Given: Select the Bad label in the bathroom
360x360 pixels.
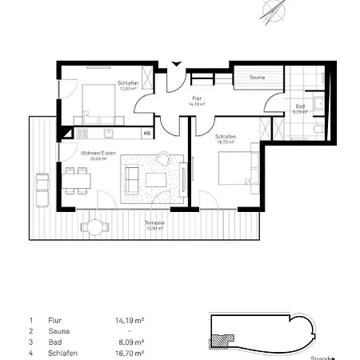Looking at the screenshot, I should tap(299, 106).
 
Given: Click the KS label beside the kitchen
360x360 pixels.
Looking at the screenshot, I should tap(147, 133).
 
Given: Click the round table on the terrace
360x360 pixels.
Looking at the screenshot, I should tap(95, 228).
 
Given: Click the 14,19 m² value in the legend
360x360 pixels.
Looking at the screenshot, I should tap(129, 319).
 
